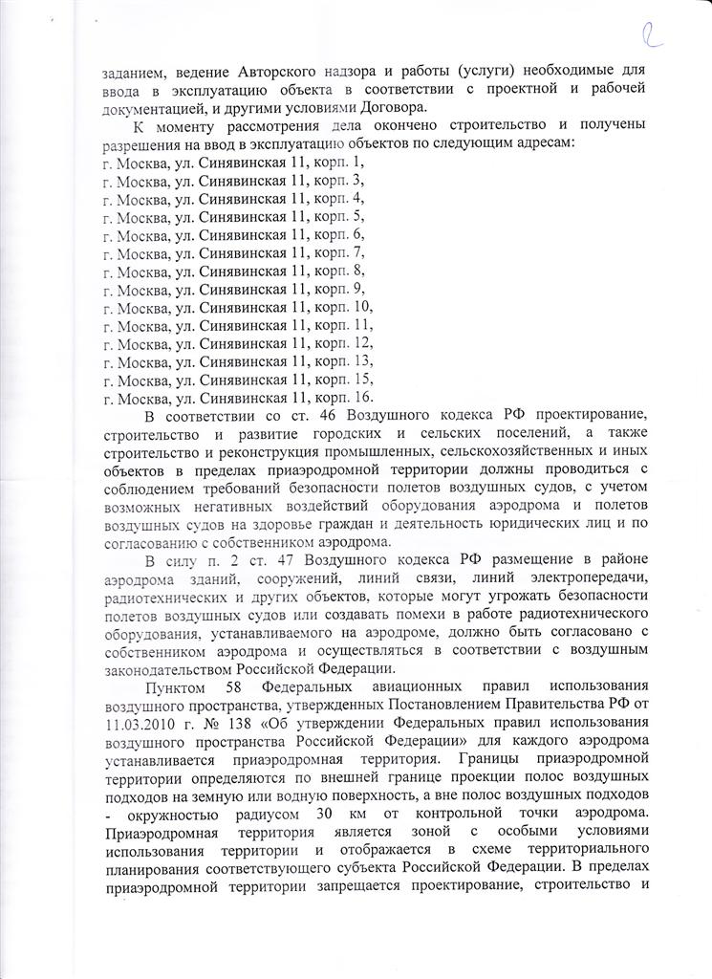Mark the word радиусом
click(239, 814)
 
